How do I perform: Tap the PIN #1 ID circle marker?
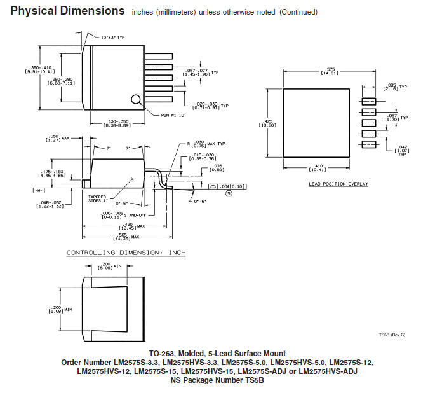[136, 99]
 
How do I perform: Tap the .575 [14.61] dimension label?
[312, 71]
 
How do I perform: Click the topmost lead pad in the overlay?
[368, 101]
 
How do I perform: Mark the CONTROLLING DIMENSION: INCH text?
[126, 253]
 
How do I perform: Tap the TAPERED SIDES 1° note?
[99, 198]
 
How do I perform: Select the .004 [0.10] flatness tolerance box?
[231, 186]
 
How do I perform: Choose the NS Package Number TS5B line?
[217, 380]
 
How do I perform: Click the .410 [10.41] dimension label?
[316, 168]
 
